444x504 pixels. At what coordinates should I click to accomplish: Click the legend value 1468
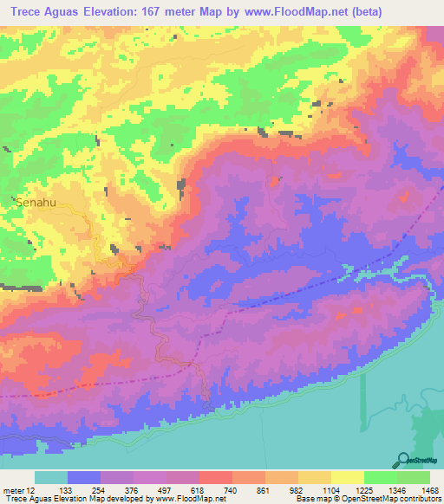429,489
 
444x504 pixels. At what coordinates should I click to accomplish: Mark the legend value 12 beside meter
32,489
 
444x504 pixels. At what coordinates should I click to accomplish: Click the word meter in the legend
14,489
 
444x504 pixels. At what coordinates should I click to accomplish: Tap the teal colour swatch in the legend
50,477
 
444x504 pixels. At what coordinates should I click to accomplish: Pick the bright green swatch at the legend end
414,477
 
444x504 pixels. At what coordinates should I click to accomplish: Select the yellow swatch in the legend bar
348,477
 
